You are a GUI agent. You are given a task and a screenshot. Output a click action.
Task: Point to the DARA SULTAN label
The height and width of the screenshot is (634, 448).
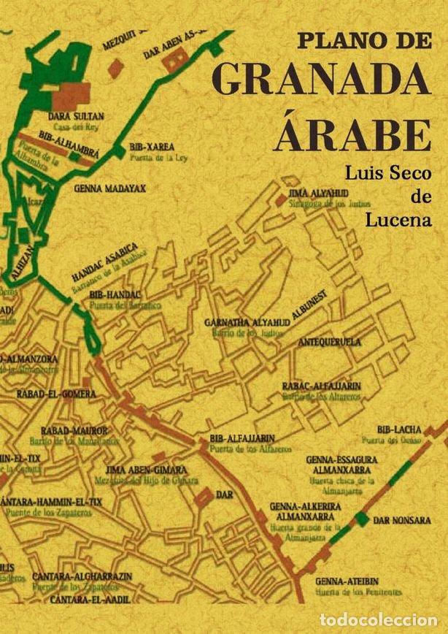tap(76, 116)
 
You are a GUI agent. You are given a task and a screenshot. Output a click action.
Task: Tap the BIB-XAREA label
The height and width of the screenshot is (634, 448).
tap(150, 146)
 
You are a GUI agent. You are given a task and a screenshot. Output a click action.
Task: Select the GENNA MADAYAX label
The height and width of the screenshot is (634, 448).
tap(109, 188)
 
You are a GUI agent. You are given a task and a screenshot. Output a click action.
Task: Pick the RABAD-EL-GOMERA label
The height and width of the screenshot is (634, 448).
tap(56, 394)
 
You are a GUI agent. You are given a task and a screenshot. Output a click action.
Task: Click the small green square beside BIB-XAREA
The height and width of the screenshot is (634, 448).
tap(119, 151)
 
